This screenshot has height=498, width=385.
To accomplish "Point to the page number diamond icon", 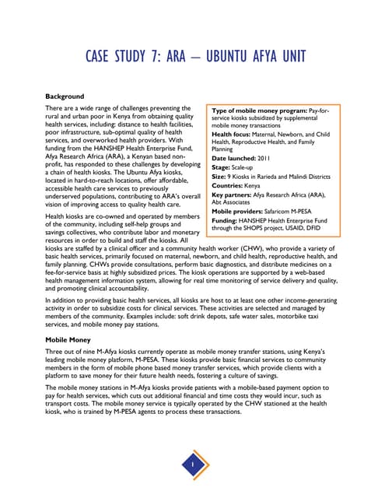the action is coord(192,465).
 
